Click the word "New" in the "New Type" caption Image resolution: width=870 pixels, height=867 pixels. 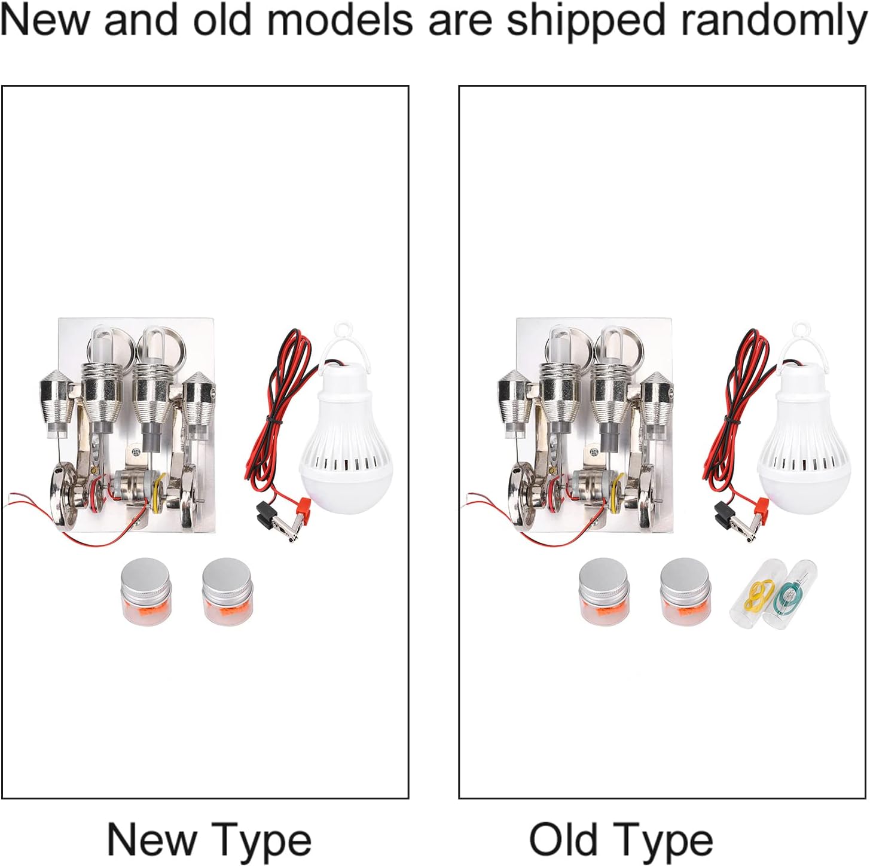pos(151,839)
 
